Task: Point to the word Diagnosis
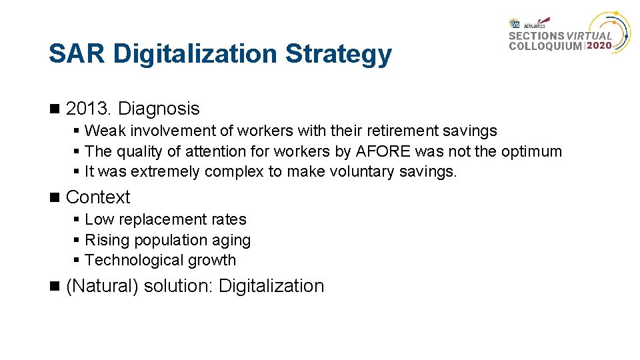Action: coord(159,109)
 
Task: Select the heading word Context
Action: coord(98,197)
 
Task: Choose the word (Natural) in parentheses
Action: coord(103,286)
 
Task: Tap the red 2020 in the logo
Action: coord(601,46)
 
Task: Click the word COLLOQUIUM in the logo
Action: coord(545,46)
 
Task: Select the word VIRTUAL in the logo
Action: coord(589,36)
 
